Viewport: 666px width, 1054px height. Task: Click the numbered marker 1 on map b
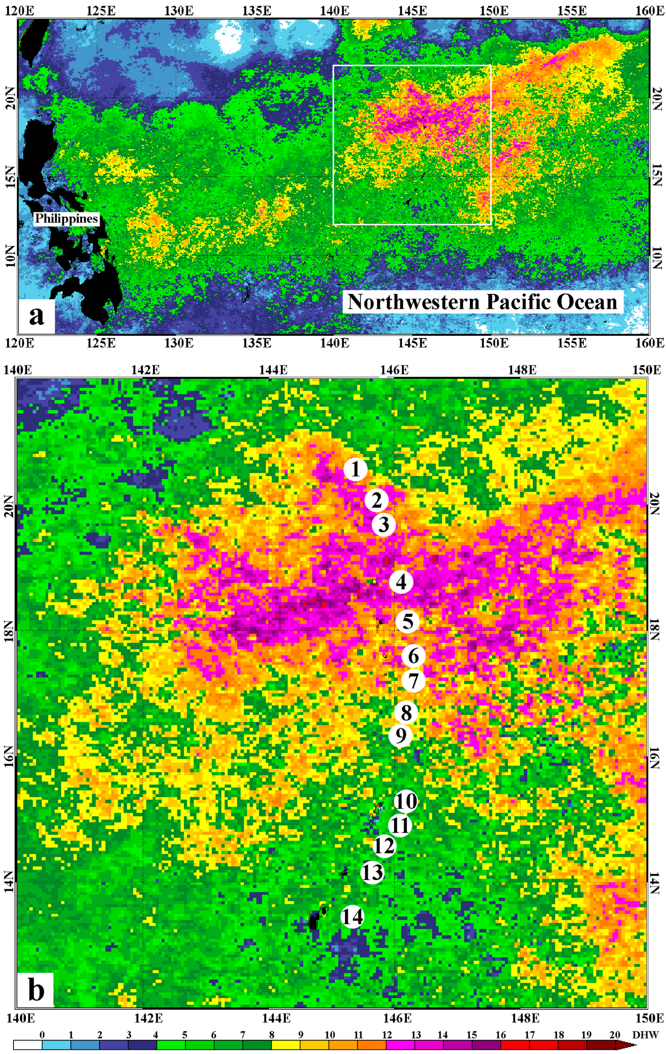[x=355, y=469]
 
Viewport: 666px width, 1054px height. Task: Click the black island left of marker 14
[x=313, y=921]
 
